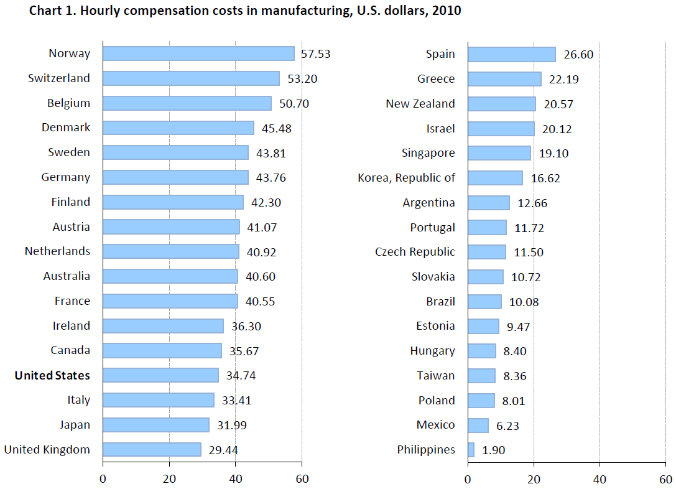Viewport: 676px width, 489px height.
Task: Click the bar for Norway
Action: pyautogui.click(x=198, y=54)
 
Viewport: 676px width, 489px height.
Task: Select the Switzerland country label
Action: pyautogui.click(x=59, y=78)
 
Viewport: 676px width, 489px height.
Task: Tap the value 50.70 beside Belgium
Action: pyautogui.click(x=294, y=103)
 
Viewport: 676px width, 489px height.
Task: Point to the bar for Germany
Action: pyautogui.click(x=175, y=177)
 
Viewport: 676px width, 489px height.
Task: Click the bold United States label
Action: pyautogui.click(x=52, y=375)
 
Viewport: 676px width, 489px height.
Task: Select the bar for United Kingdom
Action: pyautogui.click(x=152, y=449)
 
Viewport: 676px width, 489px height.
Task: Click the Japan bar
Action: pyautogui.click(x=155, y=425)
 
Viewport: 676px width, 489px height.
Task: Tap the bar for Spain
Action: pyautogui.click(x=511, y=54)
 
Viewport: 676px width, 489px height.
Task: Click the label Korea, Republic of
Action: pyautogui.click(x=407, y=178)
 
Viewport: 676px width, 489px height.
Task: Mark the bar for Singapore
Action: pyautogui.click(x=499, y=153)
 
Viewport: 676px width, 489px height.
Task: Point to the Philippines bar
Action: pyautogui.click(x=471, y=449)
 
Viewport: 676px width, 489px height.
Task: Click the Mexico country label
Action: pyautogui.click(x=436, y=425)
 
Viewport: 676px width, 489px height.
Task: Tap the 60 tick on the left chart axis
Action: pyautogui.click(x=302, y=479)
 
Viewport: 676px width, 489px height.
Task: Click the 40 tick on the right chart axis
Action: pyautogui.click(x=600, y=479)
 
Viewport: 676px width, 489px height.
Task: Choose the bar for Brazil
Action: pyautogui.click(x=484, y=302)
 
